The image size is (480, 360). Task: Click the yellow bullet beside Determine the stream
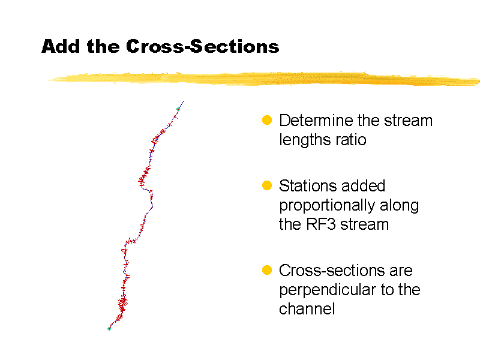click(x=268, y=120)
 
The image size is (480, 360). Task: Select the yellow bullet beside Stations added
click(x=268, y=185)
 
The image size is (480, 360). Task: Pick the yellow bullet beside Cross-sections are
click(x=268, y=270)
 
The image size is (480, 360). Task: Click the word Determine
click(x=316, y=121)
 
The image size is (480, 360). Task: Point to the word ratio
click(x=352, y=140)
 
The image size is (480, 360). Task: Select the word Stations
click(x=305, y=186)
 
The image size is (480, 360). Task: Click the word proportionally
click(x=319, y=205)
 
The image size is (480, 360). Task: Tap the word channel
click(x=307, y=309)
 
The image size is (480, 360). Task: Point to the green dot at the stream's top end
click(x=178, y=109)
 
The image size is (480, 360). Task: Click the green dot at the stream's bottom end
click(x=109, y=328)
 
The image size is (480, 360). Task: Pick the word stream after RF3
click(x=364, y=224)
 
